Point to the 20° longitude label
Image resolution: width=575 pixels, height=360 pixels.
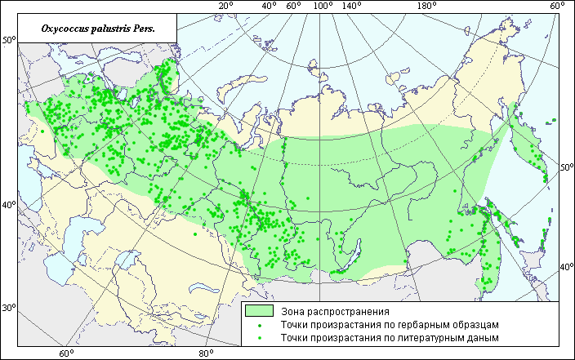(225, 7)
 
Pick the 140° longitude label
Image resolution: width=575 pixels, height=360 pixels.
(353, 7)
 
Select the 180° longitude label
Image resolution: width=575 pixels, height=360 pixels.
(427, 7)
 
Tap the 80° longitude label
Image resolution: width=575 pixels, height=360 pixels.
(206, 353)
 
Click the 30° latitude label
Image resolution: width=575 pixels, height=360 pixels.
(8, 308)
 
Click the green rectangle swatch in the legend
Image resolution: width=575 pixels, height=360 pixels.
(259, 311)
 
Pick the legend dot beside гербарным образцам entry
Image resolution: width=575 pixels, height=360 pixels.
(259, 324)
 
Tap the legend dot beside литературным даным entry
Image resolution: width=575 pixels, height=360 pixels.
(259, 336)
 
